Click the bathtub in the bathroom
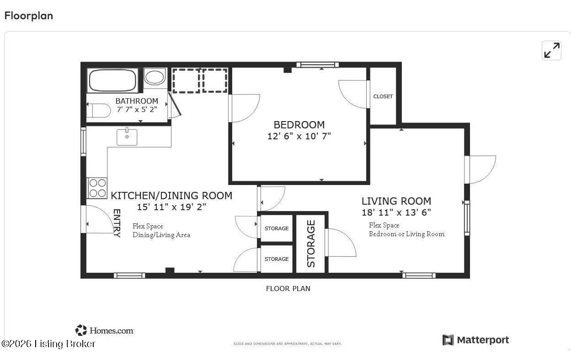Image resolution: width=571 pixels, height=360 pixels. click(x=112, y=80)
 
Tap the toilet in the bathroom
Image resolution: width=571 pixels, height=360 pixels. click(x=98, y=111)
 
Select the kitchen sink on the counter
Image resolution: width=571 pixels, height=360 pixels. click(x=127, y=137)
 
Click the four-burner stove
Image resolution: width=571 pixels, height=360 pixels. click(x=97, y=188)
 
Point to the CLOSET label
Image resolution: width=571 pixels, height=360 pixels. click(x=383, y=96)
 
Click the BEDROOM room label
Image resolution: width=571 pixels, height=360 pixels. click(x=299, y=125)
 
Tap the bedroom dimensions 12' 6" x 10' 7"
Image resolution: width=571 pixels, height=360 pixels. click(x=299, y=136)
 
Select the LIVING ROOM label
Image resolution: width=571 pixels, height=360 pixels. click(x=396, y=201)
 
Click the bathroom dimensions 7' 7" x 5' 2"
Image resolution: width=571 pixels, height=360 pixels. click(x=137, y=110)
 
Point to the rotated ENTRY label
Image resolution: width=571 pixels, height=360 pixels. click(x=117, y=223)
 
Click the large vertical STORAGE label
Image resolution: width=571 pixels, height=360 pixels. click(x=311, y=244)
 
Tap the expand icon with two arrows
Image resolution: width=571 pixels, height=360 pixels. click(x=552, y=50)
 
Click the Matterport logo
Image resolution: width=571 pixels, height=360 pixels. click(x=475, y=340)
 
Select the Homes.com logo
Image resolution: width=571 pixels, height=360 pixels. click(x=105, y=330)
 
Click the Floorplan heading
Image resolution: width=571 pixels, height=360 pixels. click(x=29, y=16)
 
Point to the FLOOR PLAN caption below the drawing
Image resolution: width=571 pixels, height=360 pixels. click(x=288, y=288)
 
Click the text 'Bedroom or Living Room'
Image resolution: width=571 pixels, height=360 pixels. click(x=406, y=234)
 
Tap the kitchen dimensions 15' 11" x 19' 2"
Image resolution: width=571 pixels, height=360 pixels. click(x=171, y=207)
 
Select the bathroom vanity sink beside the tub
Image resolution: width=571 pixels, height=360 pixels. click(x=155, y=77)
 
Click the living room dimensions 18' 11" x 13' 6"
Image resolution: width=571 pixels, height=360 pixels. click(x=396, y=212)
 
